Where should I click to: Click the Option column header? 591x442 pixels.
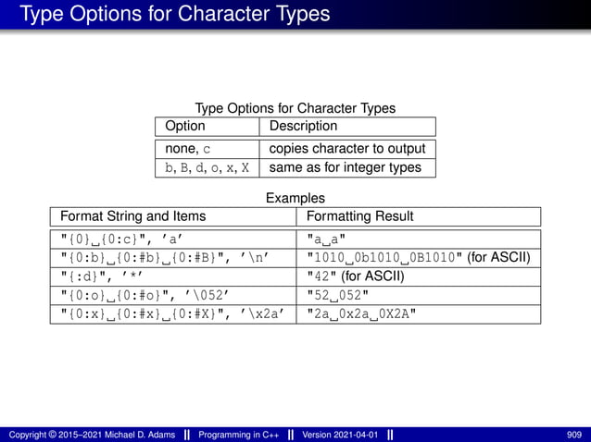coord(184,126)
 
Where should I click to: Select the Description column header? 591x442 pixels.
coord(303,126)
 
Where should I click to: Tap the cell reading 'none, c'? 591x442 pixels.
coord(188,149)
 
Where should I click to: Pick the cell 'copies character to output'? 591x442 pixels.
coord(346,149)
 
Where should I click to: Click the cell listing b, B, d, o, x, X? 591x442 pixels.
coord(207,167)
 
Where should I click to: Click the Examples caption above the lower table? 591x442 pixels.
coord(295,198)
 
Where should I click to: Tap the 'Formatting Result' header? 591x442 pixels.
coord(359,216)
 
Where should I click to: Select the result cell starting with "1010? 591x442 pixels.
coord(418,257)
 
